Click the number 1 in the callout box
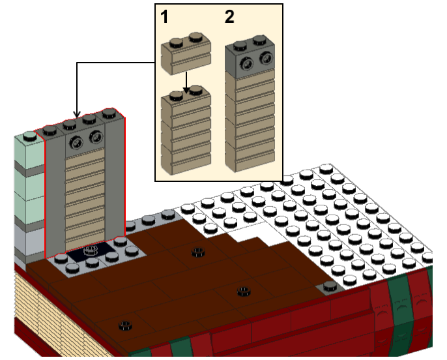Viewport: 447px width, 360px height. tap(166, 18)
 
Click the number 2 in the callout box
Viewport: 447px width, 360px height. tap(229, 18)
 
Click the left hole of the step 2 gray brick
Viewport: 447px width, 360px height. tap(248, 63)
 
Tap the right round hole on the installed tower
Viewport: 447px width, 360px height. tap(96, 136)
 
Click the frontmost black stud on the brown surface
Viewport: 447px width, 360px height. tap(123, 324)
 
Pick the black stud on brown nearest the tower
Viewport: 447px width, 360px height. tap(197, 252)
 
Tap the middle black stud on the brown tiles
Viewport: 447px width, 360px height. tap(243, 291)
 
